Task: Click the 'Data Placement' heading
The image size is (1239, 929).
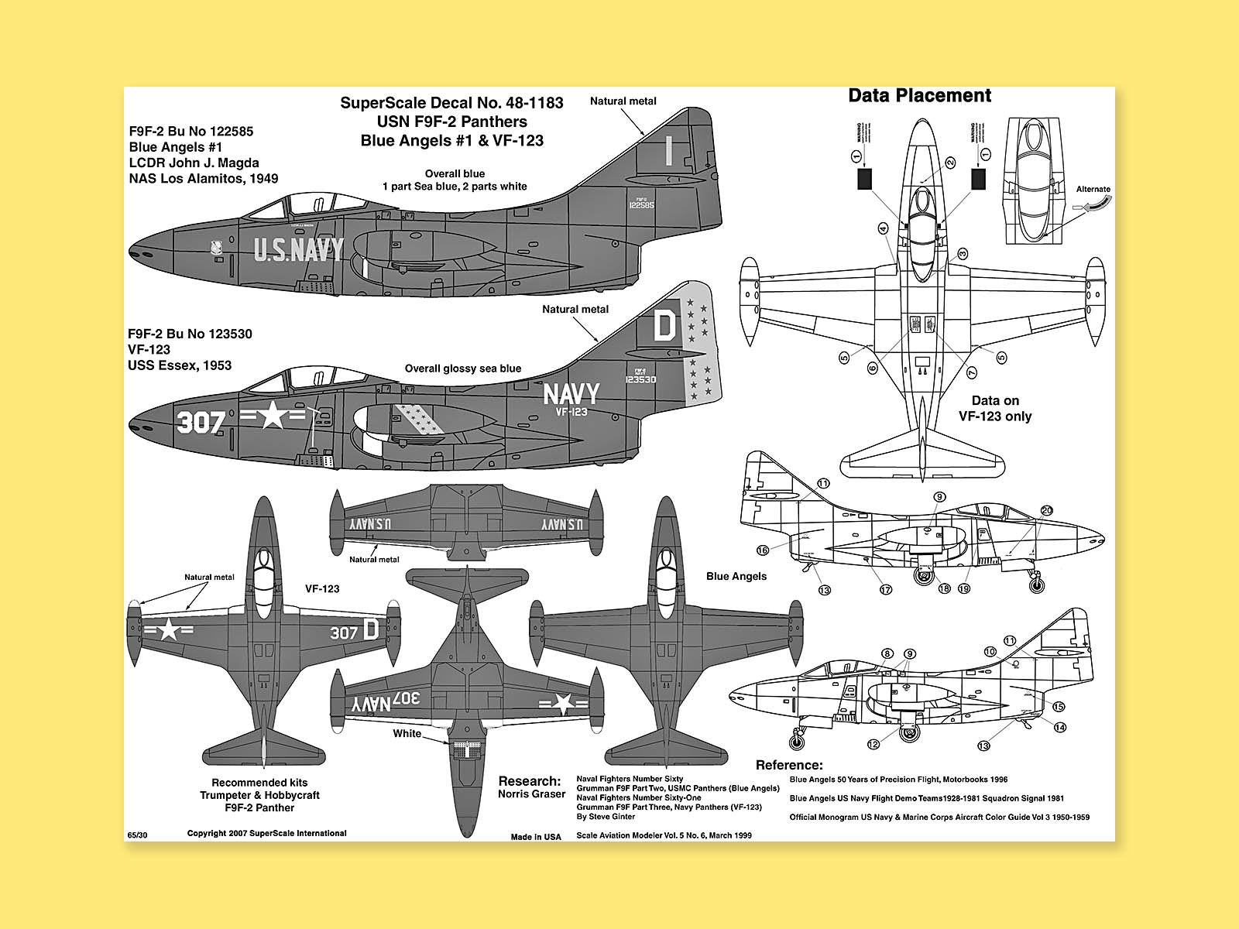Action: [919, 95]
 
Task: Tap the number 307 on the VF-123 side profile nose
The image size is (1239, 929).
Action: [201, 422]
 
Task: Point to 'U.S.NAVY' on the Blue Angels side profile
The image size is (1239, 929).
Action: [299, 250]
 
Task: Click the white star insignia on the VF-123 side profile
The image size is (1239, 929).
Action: [273, 417]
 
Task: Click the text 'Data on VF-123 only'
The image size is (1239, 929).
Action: [995, 408]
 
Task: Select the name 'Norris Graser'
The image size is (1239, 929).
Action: [531, 794]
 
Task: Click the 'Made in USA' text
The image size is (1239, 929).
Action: [536, 837]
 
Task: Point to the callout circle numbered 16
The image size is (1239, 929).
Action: [763, 550]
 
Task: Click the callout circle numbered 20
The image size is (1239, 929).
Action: [1047, 511]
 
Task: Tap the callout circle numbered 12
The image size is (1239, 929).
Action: [873, 744]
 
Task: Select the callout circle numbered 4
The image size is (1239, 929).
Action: [883, 228]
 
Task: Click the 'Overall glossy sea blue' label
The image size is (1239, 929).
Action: [462, 369]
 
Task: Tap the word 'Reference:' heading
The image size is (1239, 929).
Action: [789, 765]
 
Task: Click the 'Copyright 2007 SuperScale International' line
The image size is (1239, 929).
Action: [266, 833]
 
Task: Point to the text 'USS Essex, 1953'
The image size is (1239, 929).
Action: [180, 365]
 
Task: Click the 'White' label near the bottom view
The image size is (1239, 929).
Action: [407, 734]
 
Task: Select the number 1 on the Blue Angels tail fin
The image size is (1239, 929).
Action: [668, 152]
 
